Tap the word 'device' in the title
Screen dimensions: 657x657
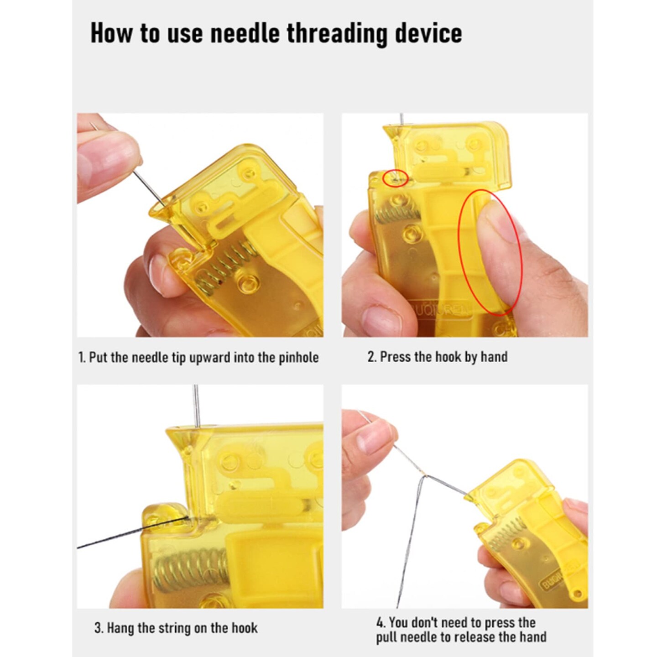click(428, 33)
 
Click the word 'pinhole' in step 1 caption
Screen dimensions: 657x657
click(298, 357)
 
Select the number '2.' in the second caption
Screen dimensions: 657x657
click(372, 356)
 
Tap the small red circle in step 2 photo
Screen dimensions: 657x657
click(395, 178)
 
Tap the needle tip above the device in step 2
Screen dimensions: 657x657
click(401, 120)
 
